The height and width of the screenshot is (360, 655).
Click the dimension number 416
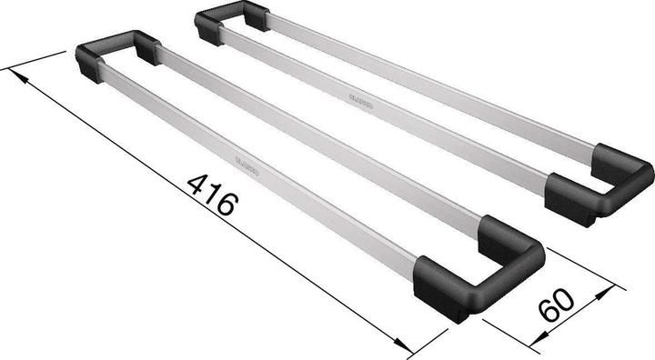212,193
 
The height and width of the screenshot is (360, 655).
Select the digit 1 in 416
212,193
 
